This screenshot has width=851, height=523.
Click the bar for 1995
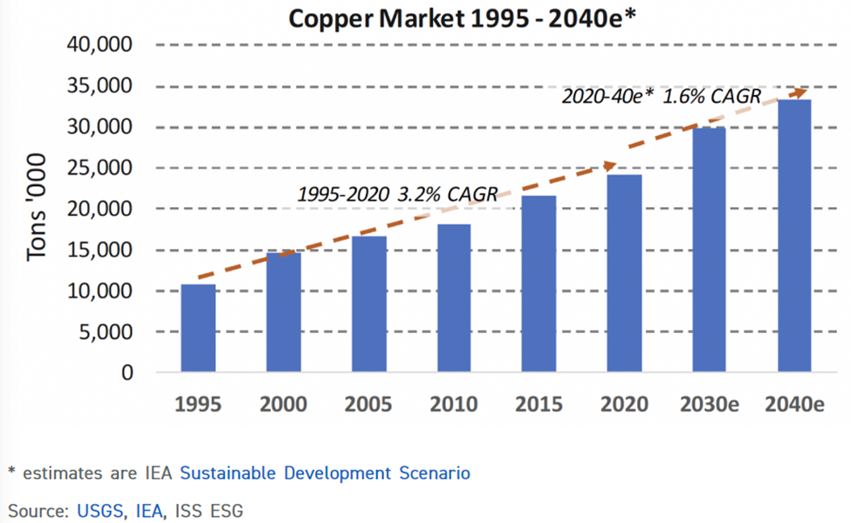click(x=197, y=328)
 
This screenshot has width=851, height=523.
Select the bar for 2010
click(x=454, y=299)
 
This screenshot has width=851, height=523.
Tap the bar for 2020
click(x=624, y=273)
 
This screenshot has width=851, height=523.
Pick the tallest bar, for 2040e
click(x=794, y=236)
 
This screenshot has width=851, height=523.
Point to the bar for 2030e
click(x=709, y=251)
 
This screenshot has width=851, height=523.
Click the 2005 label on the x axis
click(x=368, y=404)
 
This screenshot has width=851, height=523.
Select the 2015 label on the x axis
click(x=539, y=404)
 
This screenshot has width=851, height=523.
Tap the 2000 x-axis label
click(x=283, y=404)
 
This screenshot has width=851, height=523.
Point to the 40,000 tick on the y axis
click(x=99, y=45)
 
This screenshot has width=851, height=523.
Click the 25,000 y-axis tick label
click(x=99, y=168)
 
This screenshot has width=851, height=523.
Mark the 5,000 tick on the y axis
click(x=105, y=332)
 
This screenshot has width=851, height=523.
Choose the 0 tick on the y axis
click(x=127, y=373)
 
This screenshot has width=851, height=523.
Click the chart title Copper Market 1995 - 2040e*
click(x=458, y=17)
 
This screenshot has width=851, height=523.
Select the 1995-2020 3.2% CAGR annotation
click(x=397, y=194)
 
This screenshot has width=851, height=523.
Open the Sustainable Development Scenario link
click(x=325, y=473)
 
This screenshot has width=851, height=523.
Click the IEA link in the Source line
click(x=150, y=508)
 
